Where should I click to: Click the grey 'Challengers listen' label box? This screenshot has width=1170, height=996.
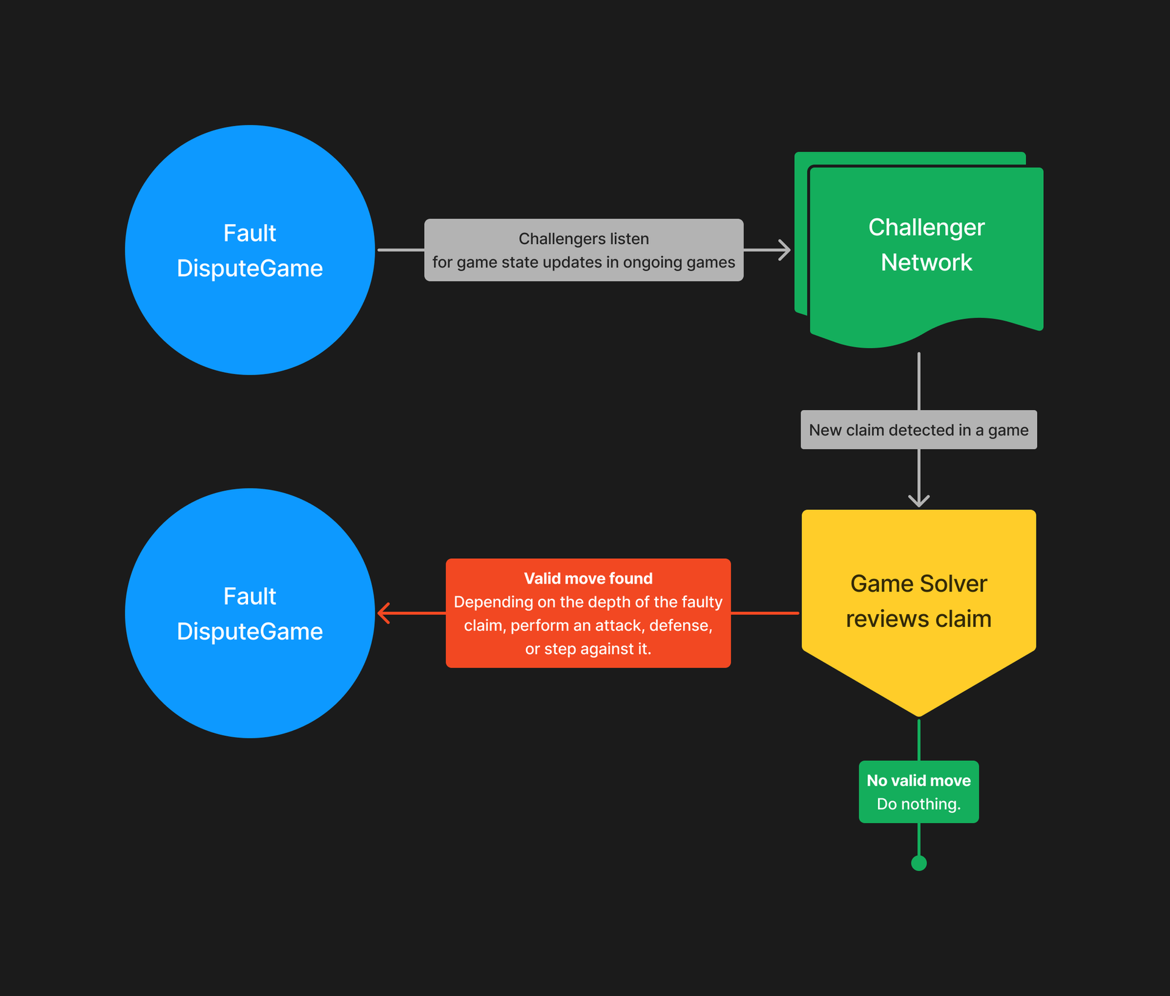584,250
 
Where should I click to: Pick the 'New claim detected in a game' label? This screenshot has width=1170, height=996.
918,430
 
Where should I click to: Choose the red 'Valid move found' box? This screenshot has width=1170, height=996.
588,613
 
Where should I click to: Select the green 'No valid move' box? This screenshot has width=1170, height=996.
918,792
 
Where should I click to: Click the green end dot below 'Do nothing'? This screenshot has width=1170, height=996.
919,863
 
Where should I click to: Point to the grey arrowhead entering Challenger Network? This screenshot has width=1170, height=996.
785,250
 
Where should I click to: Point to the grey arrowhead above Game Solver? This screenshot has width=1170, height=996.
919,501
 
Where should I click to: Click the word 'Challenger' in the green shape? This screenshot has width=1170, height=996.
926,227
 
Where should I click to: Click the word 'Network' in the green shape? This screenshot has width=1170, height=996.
926,263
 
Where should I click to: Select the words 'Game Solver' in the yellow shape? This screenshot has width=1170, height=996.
918,584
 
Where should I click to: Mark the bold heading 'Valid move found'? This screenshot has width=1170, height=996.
588,578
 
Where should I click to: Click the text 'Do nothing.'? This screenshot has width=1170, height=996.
918,804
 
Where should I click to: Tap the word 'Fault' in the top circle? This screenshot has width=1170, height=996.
250,233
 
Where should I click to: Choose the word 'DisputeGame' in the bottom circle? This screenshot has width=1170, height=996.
250,632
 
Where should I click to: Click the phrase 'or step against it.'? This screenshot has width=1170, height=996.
588,649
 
